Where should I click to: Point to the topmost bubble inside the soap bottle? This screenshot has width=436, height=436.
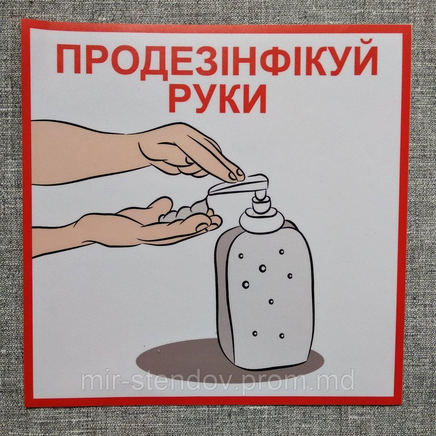tap(281, 251)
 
